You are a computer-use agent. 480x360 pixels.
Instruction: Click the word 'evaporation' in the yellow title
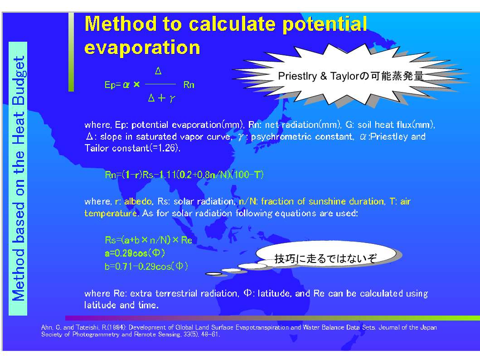pyautogui.click(x=142, y=48)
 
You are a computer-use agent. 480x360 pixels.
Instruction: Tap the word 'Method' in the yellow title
pyautogui.click(x=121, y=24)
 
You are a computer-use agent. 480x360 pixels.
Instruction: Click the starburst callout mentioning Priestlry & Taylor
pyautogui.click(x=350, y=76)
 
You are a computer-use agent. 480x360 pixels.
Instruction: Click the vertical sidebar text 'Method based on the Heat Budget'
pyautogui.click(x=18, y=179)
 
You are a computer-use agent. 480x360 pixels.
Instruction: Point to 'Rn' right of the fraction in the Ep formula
pyautogui.click(x=189, y=85)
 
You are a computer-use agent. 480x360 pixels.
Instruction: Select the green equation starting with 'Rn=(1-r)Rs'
pyautogui.click(x=184, y=175)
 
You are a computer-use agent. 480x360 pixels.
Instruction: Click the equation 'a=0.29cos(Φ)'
pyautogui.click(x=135, y=253)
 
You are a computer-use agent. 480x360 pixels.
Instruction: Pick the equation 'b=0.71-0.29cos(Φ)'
pyautogui.click(x=146, y=266)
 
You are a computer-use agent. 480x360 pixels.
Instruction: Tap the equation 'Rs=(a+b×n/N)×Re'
pyautogui.click(x=149, y=240)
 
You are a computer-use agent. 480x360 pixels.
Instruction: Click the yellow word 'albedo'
pyautogui.click(x=138, y=201)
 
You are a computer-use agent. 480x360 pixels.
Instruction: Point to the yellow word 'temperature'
pyautogui.click(x=111, y=213)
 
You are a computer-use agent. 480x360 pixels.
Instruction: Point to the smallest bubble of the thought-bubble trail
pyautogui.click(x=213, y=274)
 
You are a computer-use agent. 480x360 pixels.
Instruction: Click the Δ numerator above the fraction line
pyautogui.click(x=158, y=71)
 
